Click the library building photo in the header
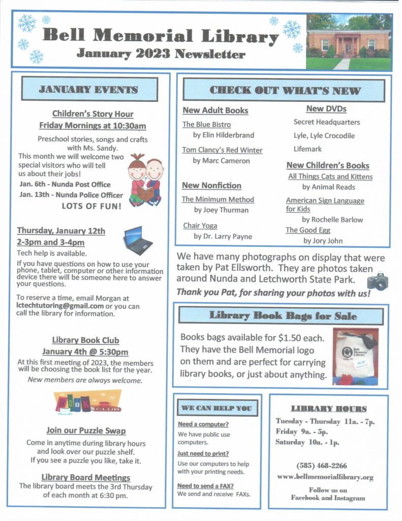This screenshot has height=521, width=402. pos(349,42)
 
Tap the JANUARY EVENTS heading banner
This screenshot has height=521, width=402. pos(89,90)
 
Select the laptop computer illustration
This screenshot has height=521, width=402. pos(138,240)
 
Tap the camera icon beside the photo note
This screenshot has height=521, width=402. pos(378,281)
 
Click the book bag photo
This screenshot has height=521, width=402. pos(355,356)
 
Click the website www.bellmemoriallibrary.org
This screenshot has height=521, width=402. pos(325,477)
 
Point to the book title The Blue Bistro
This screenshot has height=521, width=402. pos(206,124)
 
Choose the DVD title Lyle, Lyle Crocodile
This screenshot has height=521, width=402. pos(324,136)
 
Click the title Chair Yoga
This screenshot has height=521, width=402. pos(200,225)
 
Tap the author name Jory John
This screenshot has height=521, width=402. pos(323,241)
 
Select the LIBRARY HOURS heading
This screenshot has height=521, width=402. pos(328,409)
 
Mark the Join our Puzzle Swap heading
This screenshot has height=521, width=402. pos(86,430)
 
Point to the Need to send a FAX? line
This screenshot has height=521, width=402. pos(205,486)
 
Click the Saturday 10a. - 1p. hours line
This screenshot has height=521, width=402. pos(307,442)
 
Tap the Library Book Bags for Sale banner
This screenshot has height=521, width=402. pos(281,316)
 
